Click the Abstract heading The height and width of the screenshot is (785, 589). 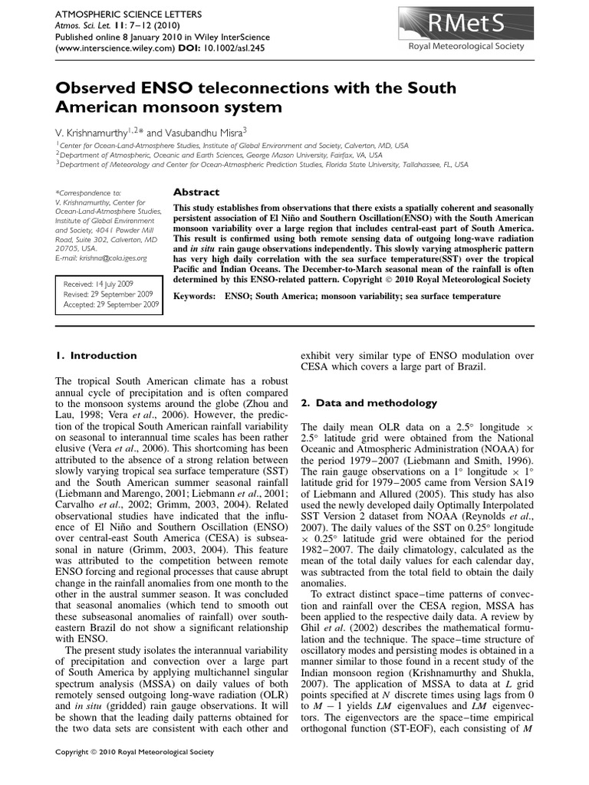click(x=196, y=192)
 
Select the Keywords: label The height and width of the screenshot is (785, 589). click(x=196, y=296)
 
